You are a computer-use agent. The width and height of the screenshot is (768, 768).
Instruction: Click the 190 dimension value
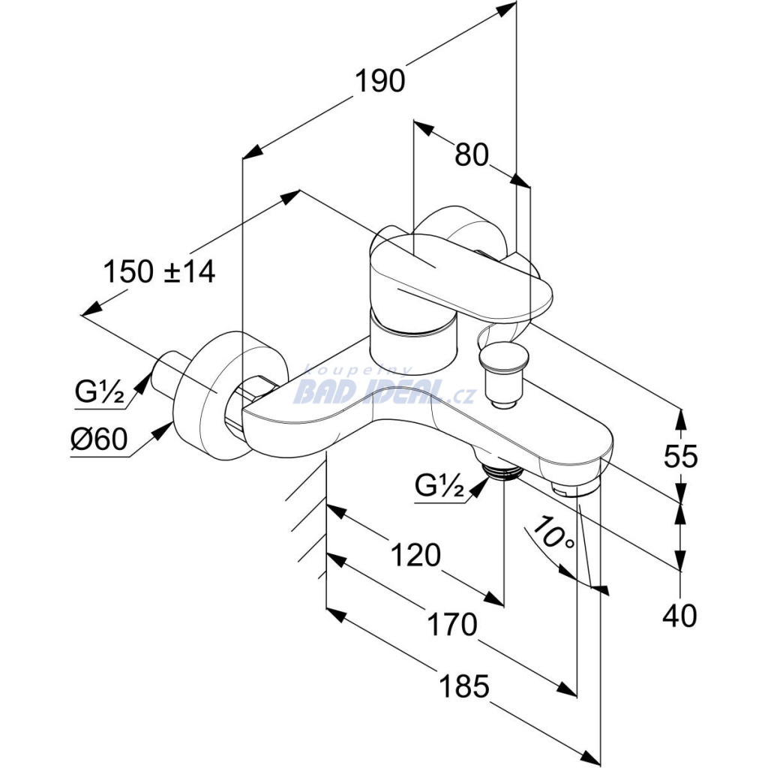click(x=380, y=81)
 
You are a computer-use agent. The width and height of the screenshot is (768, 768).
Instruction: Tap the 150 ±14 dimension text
click(x=159, y=271)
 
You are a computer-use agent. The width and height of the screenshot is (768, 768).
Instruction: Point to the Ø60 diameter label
click(x=99, y=438)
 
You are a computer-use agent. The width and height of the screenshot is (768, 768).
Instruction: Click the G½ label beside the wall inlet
click(x=100, y=391)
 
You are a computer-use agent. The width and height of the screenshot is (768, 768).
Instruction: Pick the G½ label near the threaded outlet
click(x=439, y=485)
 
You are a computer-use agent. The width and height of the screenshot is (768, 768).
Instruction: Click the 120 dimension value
click(x=415, y=556)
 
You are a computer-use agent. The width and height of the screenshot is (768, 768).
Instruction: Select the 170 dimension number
click(x=452, y=625)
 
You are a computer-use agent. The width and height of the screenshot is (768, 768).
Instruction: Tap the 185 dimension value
click(x=464, y=686)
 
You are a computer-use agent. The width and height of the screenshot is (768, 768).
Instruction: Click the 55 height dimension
click(x=680, y=457)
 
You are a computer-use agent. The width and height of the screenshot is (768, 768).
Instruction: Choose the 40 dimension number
click(x=679, y=616)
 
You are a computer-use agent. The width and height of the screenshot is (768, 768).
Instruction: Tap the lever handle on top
click(x=460, y=279)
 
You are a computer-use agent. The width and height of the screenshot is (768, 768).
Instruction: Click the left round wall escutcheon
click(x=230, y=396)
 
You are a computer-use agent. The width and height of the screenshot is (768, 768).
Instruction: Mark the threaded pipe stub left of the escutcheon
click(x=169, y=376)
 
